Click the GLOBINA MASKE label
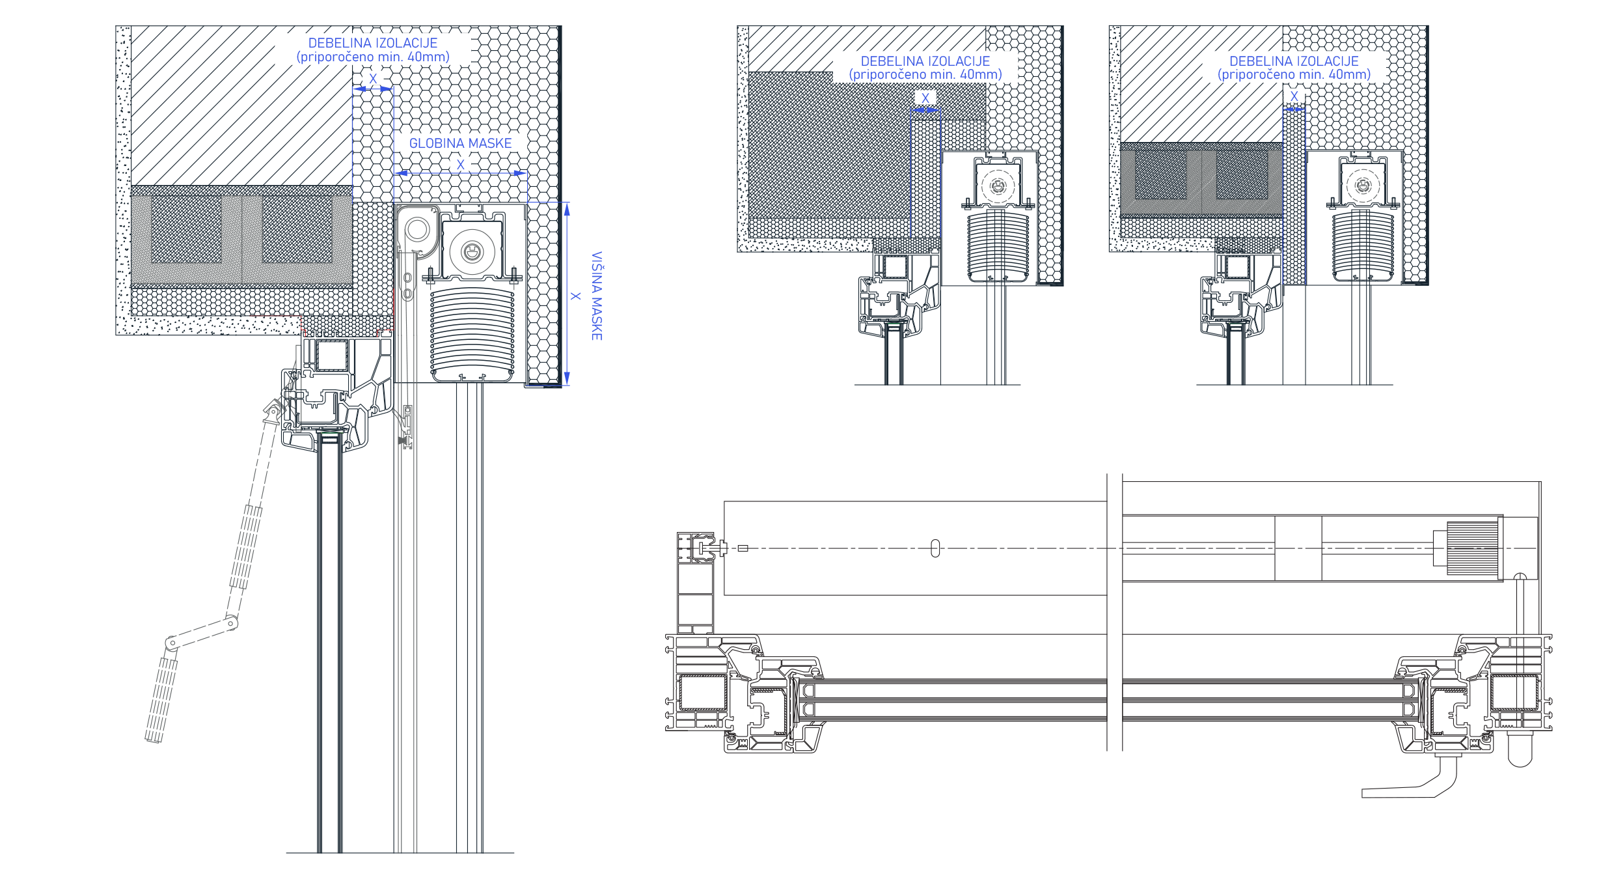click(x=460, y=143)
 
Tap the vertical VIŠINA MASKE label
click(x=597, y=296)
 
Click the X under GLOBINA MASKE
click(x=461, y=165)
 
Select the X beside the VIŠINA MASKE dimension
click(x=575, y=296)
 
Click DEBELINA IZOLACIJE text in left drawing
click(x=373, y=43)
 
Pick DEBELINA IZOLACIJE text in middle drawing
click(x=925, y=61)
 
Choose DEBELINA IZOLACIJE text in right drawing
click(x=1294, y=61)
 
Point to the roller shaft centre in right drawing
click(x=1363, y=186)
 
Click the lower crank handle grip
click(x=161, y=699)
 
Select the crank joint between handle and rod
click(x=231, y=623)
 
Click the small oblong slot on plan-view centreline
click(x=935, y=548)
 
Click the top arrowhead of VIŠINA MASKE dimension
click(x=567, y=209)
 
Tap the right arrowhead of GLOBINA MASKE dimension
click(x=520, y=173)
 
